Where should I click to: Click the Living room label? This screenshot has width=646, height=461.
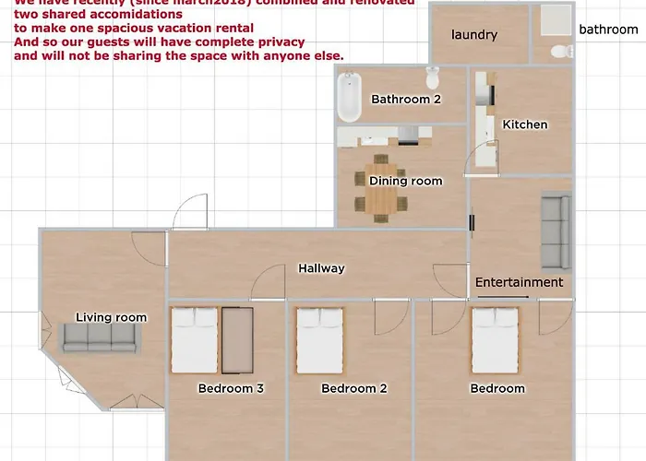pos(111,317)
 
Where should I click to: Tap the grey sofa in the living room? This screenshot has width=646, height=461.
pos(99,338)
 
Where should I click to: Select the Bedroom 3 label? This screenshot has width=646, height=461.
pos(231,388)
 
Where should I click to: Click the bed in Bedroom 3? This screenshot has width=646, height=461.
pos(194,339)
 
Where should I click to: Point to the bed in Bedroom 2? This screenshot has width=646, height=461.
pos(319,339)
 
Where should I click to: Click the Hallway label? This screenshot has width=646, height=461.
pos(321,268)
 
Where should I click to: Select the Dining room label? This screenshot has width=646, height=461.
pos(405,182)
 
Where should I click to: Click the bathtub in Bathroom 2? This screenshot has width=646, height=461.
pos(348,99)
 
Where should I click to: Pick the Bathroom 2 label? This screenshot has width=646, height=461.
pos(400,99)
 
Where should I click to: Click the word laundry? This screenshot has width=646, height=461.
pos(474,35)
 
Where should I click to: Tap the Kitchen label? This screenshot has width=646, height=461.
pos(524,124)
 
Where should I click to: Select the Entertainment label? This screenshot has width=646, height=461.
pos(519,282)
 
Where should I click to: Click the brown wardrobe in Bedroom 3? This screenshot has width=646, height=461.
pos(237,340)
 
